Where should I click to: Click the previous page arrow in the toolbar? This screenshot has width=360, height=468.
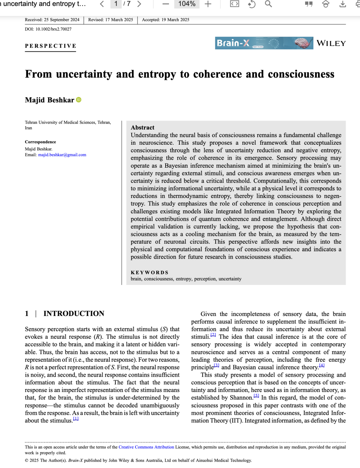click(x=102, y=4)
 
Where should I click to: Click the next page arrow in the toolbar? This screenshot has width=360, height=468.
click(x=139, y=4)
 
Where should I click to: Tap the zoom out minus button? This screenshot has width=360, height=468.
click(x=166, y=4)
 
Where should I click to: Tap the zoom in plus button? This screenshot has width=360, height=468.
click(x=208, y=4)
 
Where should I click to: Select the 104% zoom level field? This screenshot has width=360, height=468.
click(x=187, y=4)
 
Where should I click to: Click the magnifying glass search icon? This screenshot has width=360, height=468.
click(x=268, y=4)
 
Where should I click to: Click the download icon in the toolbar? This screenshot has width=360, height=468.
click(x=342, y=4)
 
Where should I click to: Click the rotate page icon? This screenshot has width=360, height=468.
click(x=252, y=4)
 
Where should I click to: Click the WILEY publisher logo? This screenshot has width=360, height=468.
click(x=331, y=43)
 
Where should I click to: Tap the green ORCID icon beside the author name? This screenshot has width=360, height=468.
click(x=79, y=100)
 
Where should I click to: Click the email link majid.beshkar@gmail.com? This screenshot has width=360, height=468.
click(x=62, y=155)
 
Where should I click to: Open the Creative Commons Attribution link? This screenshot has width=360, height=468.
click(x=146, y=447)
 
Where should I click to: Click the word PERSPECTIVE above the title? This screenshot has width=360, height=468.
click(x=51, y=46)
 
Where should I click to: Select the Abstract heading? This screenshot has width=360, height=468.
click(x=142, y=127)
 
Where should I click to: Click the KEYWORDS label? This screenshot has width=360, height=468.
click(x=149, y=272)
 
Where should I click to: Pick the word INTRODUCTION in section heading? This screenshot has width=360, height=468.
click(x=74, y=313)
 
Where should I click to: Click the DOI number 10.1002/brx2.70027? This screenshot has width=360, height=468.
click(x=53, y=29)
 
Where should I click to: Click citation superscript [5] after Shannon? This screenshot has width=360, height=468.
click(x=256, y=396)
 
